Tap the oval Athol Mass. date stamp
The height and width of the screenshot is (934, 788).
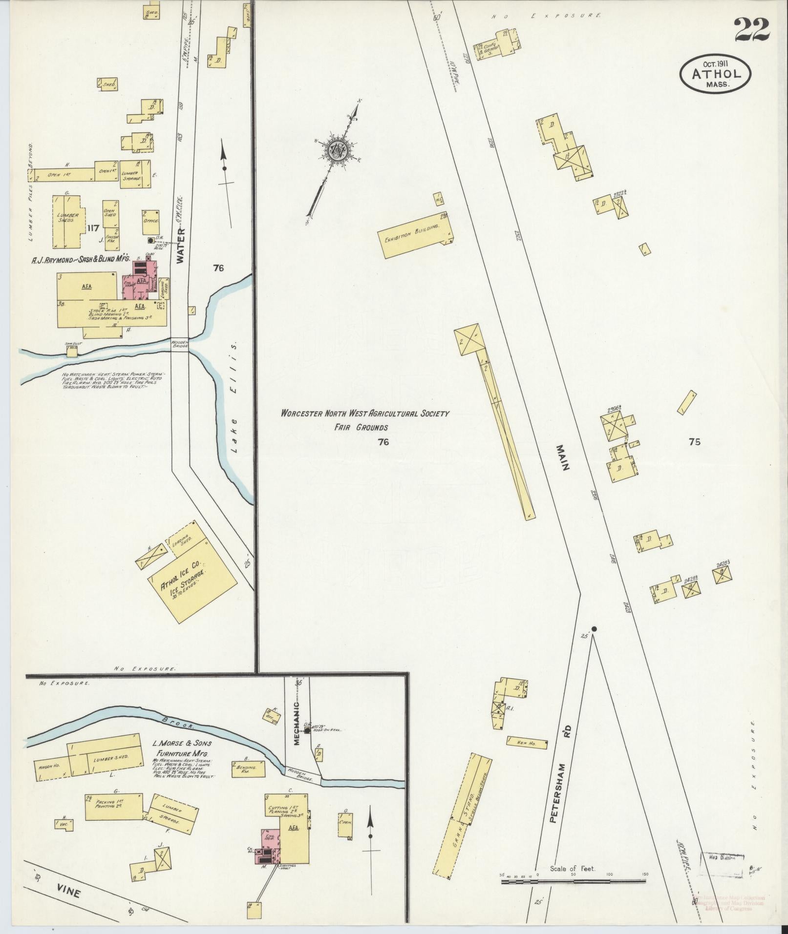pos(715,73)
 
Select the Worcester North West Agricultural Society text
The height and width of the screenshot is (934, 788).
pos(364,414)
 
